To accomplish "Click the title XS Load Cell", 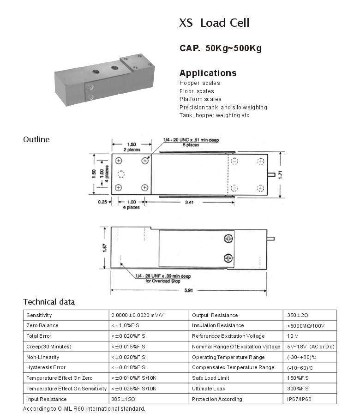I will point(214,23).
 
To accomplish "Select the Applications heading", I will point(208,73).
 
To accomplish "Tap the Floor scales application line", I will point(197,91).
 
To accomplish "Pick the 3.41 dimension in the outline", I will point(190,202).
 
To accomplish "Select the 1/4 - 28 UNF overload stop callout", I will point(163,277).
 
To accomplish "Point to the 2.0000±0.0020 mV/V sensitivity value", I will point(138,315).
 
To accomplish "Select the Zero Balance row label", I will point(42,326).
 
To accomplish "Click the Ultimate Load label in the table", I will point(209,389).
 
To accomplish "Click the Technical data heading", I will point(49,302).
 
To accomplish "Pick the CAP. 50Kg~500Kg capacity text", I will point(220,48).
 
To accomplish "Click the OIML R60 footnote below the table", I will point(84,409).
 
